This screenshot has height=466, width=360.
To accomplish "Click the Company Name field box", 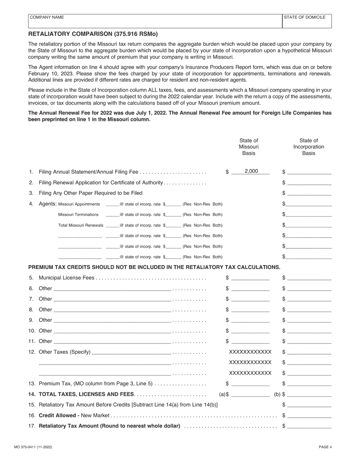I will coord(155,21).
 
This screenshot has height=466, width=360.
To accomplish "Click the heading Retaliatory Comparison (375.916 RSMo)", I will coord(93,34).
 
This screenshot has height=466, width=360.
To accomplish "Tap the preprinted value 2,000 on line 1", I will coord(251,171).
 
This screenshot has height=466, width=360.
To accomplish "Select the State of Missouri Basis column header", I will coord(249,147).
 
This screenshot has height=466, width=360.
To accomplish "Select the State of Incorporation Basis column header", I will coord(308,147).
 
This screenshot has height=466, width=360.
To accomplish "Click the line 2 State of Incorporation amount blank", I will coord(309,183).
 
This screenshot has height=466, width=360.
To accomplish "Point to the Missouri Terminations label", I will coord(78,215).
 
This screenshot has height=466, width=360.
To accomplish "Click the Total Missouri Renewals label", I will coord(80,225).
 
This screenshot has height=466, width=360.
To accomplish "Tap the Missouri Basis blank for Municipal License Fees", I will coord(250,278).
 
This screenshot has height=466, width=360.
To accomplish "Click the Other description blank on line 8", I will coord(112,310).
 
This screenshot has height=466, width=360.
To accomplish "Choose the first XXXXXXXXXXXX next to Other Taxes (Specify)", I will coord(250,352).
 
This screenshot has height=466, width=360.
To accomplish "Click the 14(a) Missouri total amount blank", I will coord(250,394).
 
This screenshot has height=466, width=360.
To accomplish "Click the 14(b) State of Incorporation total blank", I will coord(309,394).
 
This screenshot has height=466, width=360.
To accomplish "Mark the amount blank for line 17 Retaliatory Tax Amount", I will coord(309,426).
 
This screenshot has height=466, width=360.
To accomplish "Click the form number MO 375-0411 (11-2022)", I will coord(40,447).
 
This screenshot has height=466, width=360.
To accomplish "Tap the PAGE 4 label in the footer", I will coord(325,447).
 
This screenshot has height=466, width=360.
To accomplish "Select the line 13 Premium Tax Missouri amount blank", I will coord(250,384).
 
